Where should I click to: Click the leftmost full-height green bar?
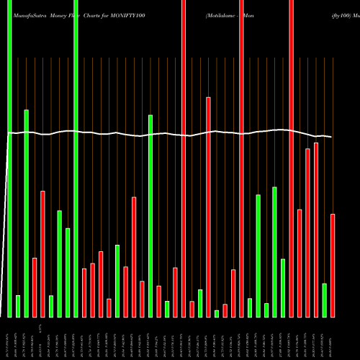10,158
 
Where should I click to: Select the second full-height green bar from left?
76,158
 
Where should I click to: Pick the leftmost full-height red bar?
184,158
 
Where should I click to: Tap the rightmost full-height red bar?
291,158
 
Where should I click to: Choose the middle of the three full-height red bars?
241,158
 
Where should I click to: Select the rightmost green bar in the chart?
325,300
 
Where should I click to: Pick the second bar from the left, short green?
18,306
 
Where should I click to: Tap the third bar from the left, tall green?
27,213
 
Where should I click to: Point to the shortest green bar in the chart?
217,313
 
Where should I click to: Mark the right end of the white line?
331,137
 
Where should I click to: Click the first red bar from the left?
35,287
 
